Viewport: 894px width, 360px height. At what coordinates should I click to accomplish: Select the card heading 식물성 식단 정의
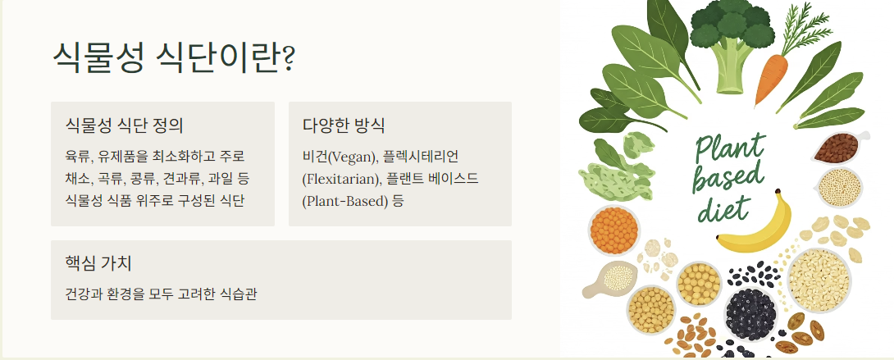tap(124, 125)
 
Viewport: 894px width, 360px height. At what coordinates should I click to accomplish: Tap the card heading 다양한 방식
tap(344, 125)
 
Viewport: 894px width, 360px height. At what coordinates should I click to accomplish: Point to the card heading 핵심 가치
tap(98, 263)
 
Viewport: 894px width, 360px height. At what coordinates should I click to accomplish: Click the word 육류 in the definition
tap(77, 157)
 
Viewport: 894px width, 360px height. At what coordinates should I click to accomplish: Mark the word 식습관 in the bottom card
tap(239, 293)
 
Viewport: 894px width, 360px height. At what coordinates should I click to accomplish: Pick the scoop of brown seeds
tap(838, 148)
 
